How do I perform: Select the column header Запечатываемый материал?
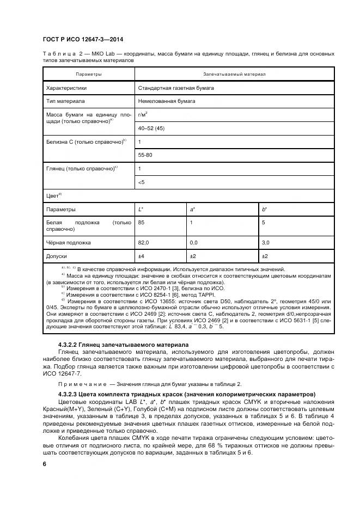[x=234, y=73]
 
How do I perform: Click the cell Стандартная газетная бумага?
[x=176, y=88]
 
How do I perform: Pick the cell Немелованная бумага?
[x=164, y=101]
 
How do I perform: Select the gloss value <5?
[x=142, y=182]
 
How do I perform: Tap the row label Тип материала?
[x=64, y=101]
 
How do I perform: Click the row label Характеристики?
[x=66, y=88]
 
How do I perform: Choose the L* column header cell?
[x=141, y=209]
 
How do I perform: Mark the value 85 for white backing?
[x=142, y=223]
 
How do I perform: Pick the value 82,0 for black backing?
[x=144, y=242]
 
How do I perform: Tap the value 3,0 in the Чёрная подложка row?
[x=266, y=242]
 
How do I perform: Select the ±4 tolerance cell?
[x=141, y=255]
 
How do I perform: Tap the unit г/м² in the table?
[x=143, y=115]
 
